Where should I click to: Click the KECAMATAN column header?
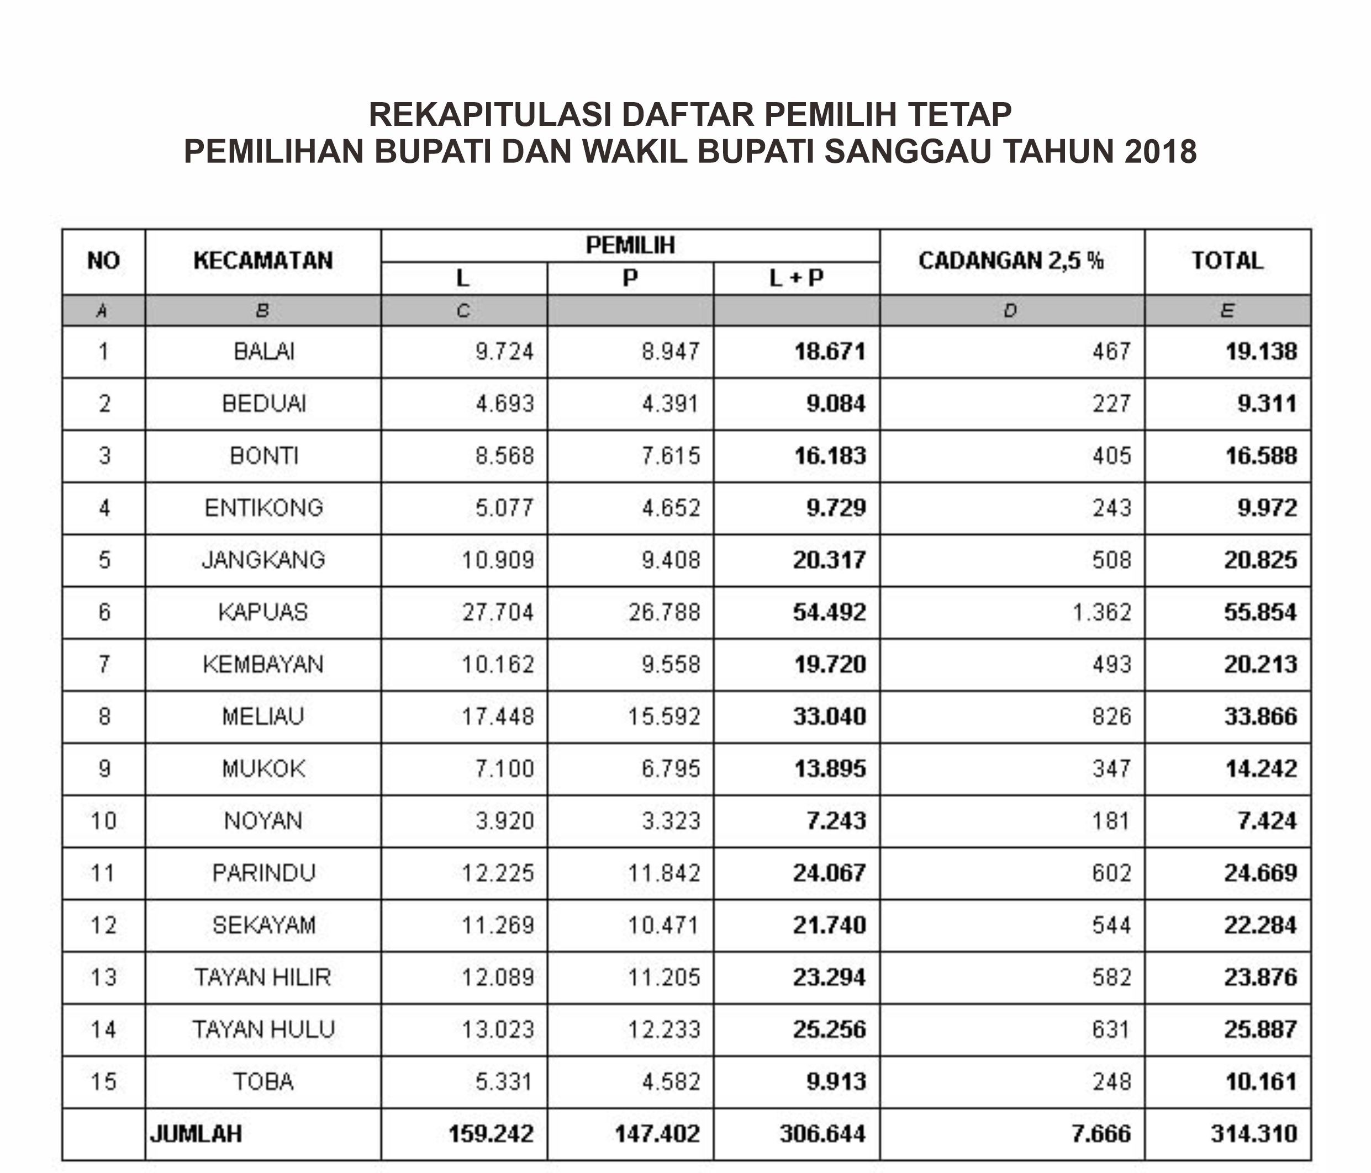[263, 261]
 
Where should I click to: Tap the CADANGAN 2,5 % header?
[1011, 261]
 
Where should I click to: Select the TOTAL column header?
[1227, 261]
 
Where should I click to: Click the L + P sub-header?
[796, 278]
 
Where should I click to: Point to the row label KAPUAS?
[263, 612]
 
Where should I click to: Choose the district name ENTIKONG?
[263, 508]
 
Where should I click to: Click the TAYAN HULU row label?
[263, 1029]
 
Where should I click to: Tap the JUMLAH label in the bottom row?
[197, 1134]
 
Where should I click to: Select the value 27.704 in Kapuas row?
[498, 612]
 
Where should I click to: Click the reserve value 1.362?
[1101, 612]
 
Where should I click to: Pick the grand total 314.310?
[1253, 1134]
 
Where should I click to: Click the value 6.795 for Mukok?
[670, 769]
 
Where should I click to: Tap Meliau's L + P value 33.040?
[830, 716]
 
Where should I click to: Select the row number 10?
[104, 821]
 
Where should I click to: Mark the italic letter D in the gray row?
[1010, 311]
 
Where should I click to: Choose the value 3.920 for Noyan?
[504, 821]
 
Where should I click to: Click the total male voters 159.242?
[491, 1134]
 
